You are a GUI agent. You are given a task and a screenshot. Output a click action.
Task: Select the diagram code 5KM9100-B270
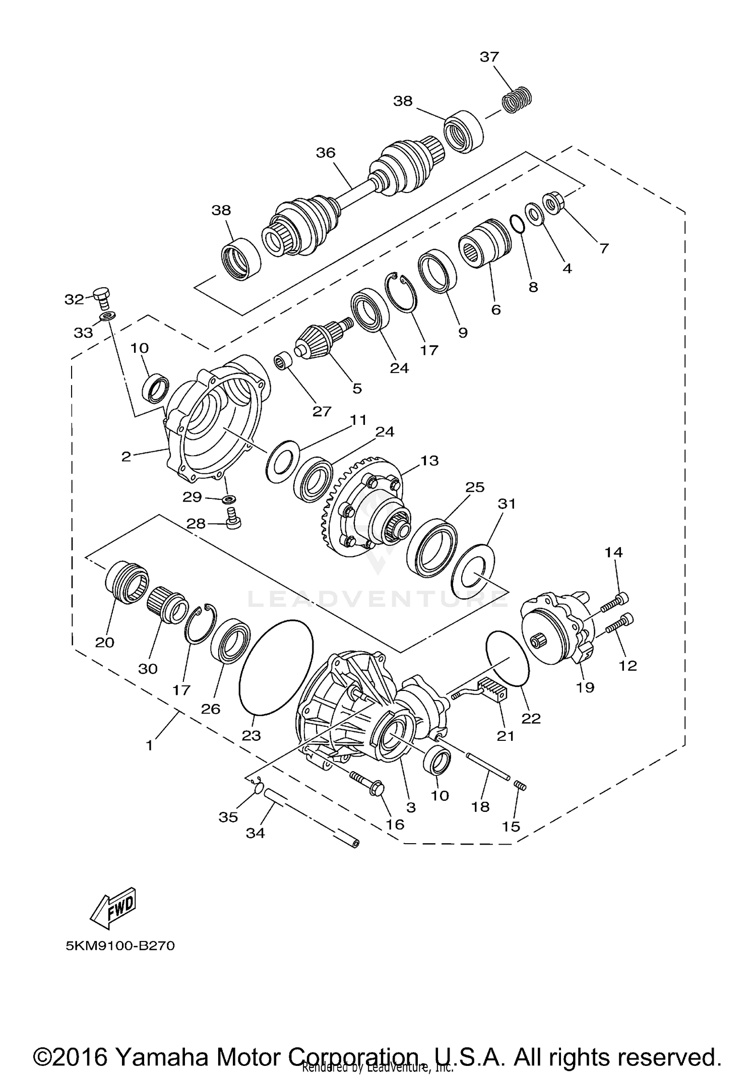(x=120, y=946)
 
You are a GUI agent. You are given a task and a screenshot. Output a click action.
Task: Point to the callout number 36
(x=326, y=153)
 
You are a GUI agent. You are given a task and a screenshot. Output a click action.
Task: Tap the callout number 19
(x=585, y=687)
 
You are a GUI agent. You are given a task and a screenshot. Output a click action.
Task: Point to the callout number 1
(x=149, y=745)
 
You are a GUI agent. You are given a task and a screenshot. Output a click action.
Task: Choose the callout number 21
(x=506, y=736)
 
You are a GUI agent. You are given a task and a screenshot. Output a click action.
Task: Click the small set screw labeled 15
(x=521, y=785)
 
